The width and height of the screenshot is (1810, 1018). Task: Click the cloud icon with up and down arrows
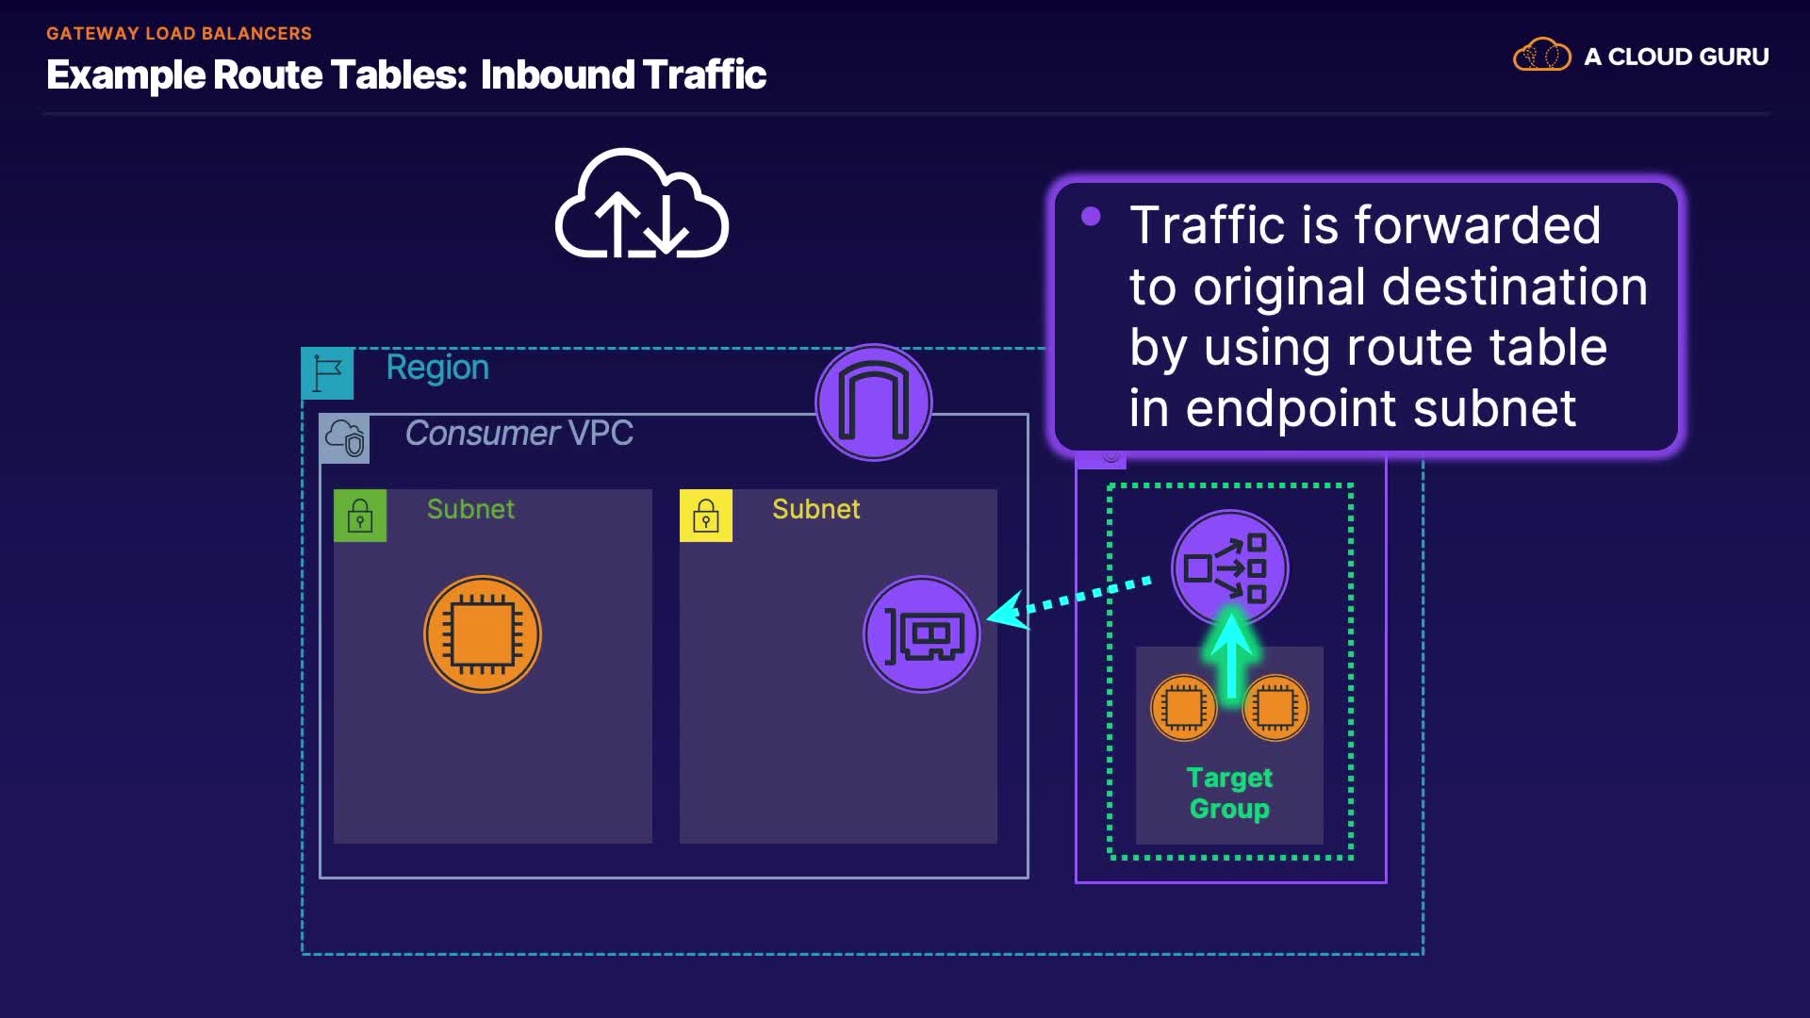(642, 205)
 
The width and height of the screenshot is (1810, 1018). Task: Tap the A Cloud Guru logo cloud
(1541, 56)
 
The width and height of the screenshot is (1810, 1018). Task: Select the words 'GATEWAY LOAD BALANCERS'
(179, 34)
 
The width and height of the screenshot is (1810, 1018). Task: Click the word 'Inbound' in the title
(557, 75)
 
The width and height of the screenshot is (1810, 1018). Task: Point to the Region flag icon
(327, 373)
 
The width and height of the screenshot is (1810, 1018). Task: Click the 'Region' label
(437, 368)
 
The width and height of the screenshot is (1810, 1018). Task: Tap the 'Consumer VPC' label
(518, 434)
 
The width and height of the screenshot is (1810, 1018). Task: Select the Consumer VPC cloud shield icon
(345, 438)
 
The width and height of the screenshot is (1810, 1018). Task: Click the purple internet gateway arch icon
(874, 402)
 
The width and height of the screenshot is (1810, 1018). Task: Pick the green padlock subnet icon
(360, 516)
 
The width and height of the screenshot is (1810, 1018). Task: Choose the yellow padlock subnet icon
(706, 516)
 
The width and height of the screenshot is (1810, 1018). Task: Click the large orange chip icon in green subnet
(483, 634)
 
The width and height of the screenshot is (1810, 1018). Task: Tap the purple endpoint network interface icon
(922, 634)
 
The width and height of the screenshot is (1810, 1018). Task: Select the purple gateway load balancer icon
(1229, 567)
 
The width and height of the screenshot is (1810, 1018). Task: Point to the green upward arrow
(1231, 655)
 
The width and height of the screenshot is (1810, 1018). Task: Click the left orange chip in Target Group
(1184, 707)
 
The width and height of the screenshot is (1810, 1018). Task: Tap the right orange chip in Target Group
(1275, 707)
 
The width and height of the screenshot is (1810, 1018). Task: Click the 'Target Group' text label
(1229, 793)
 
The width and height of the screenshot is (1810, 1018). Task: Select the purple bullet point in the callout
(1091, 217)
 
